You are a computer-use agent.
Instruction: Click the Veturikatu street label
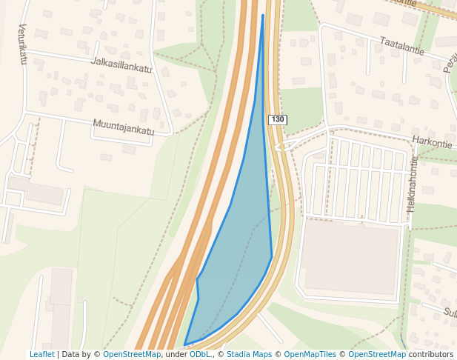pyautogui.click(x=22, y=44)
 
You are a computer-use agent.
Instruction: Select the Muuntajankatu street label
pyautogui.click(x=124, y=127)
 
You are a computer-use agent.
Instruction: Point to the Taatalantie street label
pyautogui.click(x=400, y=47)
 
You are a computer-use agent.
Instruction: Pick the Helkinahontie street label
pyautogui.click(x=413, y=184)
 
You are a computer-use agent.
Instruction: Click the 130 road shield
pyautogui.click(x=277, y=120)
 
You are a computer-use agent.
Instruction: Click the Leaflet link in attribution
pyautogui.click(x=42, y=354)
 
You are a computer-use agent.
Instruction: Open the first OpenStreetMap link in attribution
pyautogui.click(x=132, y=354)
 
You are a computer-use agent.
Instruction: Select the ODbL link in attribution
pyautogui.click(x=199, y=354)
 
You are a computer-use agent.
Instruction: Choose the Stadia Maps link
pyautogui.click(x=249, y=354)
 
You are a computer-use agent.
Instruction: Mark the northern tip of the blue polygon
pyautogui.click(x=263, y=15)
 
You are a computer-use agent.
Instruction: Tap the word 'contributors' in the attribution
pyautogui.click(x=431, y=354)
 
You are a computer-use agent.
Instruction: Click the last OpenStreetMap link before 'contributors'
pyautogui.click(x=377, y=354)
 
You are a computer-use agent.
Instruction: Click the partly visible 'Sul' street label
pyautogui.click(x=449, y=313)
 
